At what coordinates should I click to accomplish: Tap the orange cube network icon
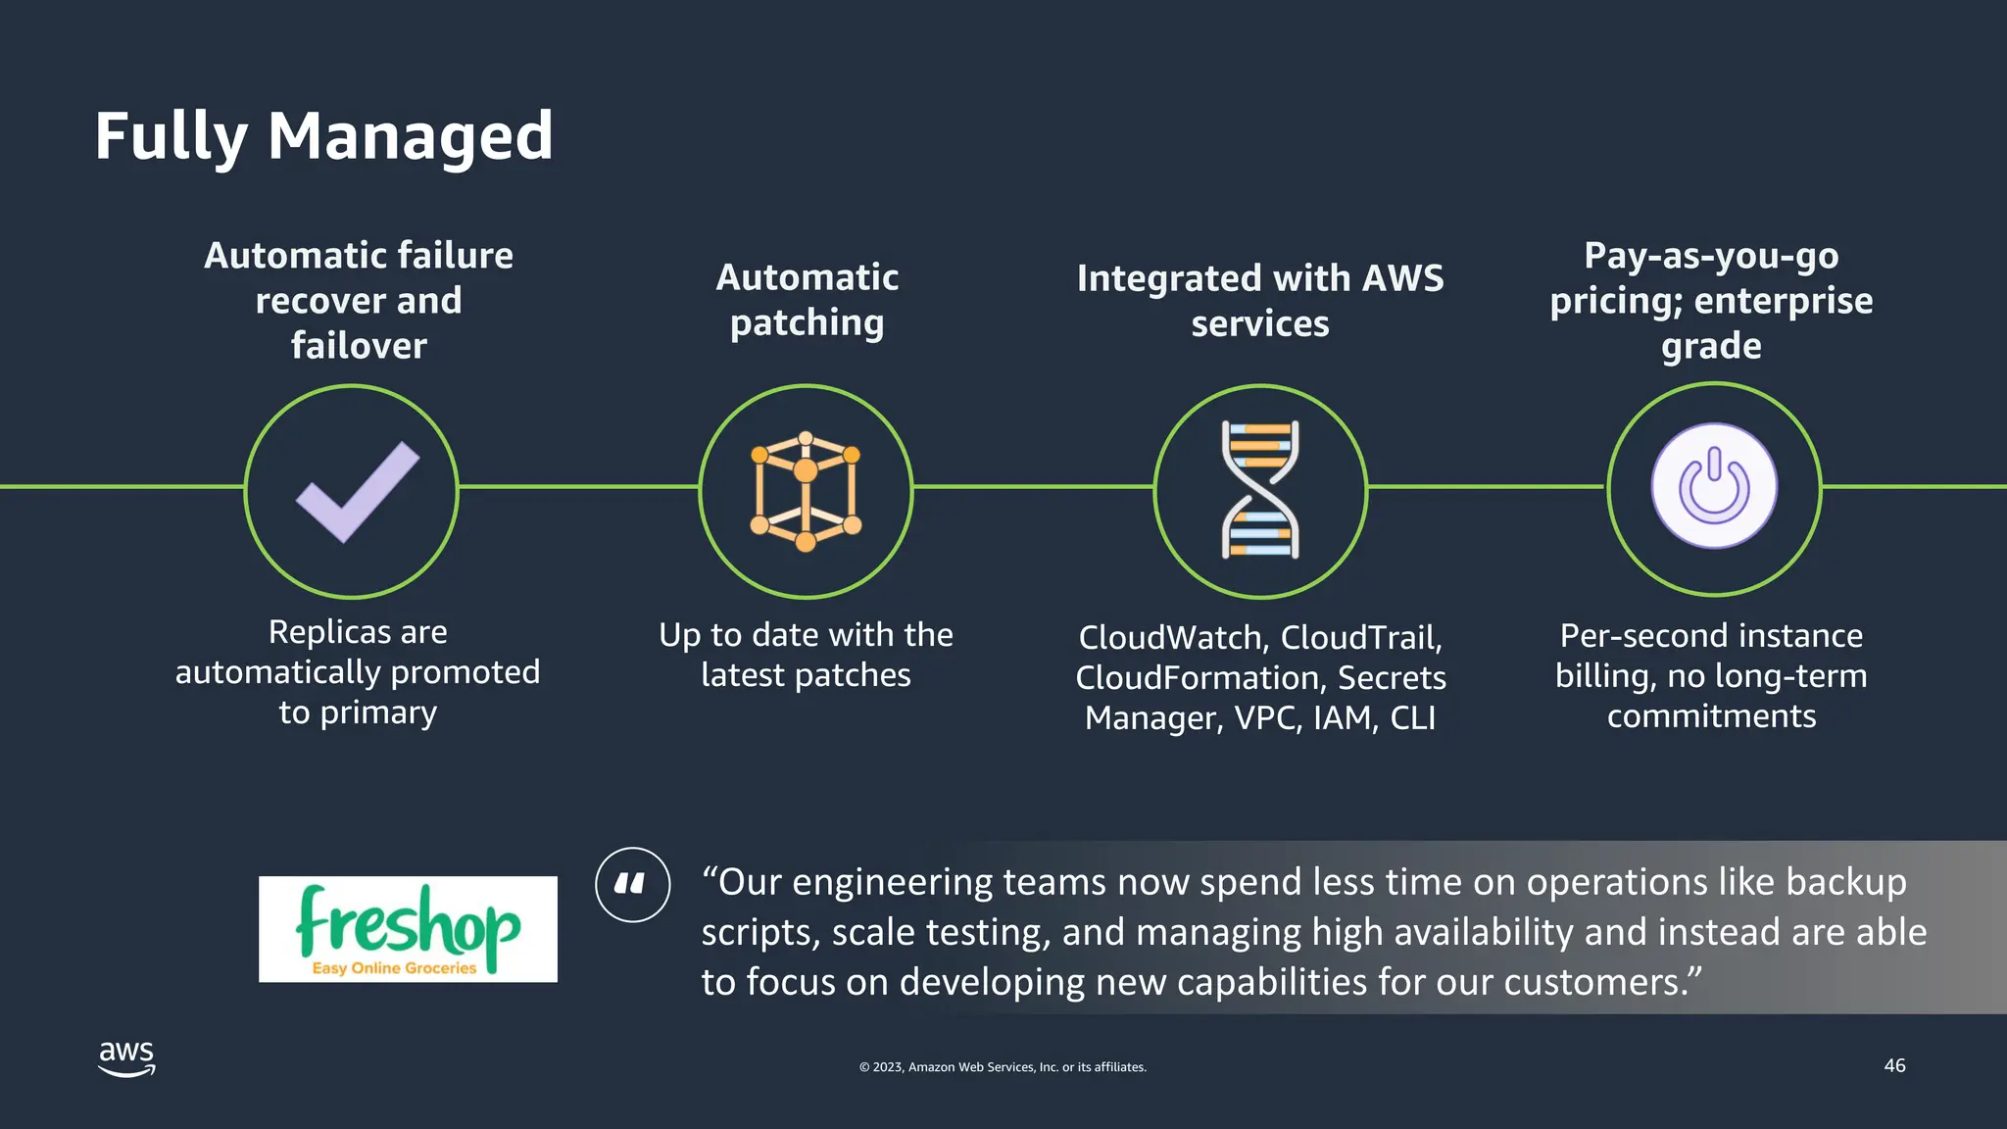(x=806, y=491)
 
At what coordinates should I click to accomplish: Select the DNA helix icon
(x=1260, y=490)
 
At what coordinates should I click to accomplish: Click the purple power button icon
(x=1714, y=487)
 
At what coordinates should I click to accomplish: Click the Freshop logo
(x=408, y=929)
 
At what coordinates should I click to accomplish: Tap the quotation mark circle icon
(x=633, y=885)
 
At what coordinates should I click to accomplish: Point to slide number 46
(x=1894, y=1065)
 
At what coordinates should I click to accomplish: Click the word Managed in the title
(x=411, y=136)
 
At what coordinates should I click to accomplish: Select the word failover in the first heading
(x=359, y=346)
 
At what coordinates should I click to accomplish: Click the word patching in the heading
(x=807, y=323)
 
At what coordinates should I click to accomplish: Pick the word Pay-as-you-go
(x=1711, y=256)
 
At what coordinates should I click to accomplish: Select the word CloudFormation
(x=1197, y=678)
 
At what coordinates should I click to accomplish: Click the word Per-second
(x=1631, y=636)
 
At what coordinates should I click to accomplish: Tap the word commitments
(x=1711, y=716)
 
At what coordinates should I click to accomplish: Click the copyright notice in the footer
(x=1003, y=1067)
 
